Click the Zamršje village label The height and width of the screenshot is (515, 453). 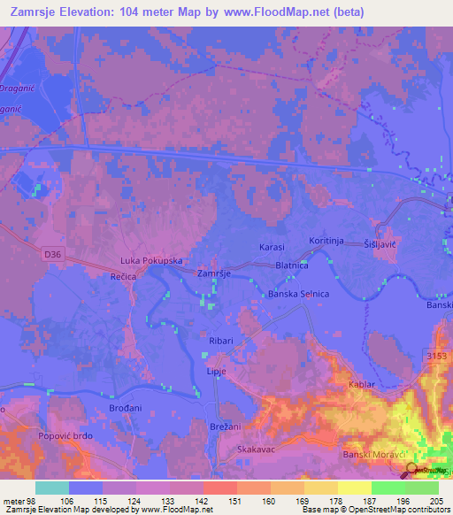tap(214, 274)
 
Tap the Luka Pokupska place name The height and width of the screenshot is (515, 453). tap(151, 263)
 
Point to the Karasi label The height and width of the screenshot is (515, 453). tap(272, 246)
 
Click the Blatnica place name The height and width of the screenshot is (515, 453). tap(292, 265)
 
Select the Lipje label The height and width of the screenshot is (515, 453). tap(218, 371)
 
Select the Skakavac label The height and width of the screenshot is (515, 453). tap(255, 450)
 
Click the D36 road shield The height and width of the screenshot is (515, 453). tap(52, 255)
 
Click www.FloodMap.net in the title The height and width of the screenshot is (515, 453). tap(281, 13)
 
